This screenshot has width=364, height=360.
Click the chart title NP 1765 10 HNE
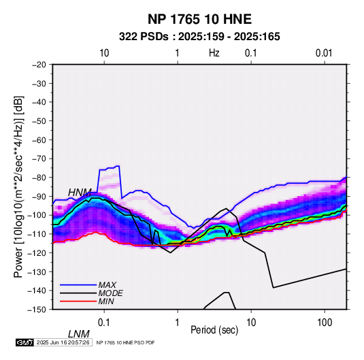click(199, 19)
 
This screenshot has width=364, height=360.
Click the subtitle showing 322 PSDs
click(199, 37)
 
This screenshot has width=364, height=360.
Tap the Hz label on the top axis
click(214, 53)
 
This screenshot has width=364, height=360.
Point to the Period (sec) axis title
click(214, 330)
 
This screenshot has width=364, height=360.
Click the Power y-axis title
click(18, 187)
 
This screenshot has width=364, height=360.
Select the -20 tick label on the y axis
click(39, 65)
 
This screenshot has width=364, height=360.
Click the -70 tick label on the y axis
click(39, 159)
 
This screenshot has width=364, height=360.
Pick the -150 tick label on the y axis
click(37, 310)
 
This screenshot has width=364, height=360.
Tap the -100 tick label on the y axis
click(37, 215)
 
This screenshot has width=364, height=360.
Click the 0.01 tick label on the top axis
click(324, 53)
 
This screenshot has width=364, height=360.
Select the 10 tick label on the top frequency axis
click(104, 53)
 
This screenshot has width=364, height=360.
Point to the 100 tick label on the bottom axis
click(325, 323)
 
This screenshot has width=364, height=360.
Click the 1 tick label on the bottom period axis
click(178, 323)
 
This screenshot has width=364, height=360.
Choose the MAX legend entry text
click(107, 285)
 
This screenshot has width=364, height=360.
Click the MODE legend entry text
click(110, 293)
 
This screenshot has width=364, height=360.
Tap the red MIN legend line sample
click(78, 301)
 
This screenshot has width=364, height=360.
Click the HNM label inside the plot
click(80, 193)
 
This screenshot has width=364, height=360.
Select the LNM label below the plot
click(79, 334)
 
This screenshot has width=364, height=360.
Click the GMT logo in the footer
click(24, 342)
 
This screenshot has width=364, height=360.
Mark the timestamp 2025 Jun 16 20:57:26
click(63, 342)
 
